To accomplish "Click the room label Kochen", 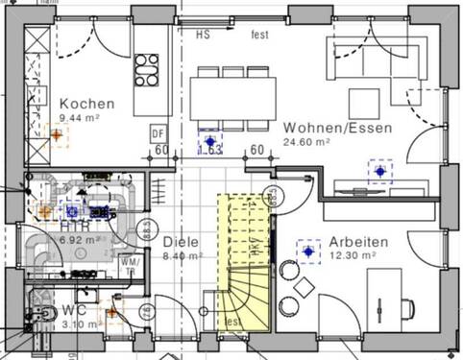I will tap(87, 104).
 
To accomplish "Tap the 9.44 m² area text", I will tap(80, 117).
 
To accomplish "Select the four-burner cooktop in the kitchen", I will tap(146, 69).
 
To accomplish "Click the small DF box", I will tap(158, 133).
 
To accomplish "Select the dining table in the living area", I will tap(231, 96).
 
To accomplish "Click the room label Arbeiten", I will tap(357, 242).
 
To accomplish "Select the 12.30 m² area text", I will tap(352, 256).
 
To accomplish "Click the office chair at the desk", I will tap(405, 307).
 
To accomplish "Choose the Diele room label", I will tap(180, 242).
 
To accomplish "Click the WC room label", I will tap(75, 310).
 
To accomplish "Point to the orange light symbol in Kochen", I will tap(57, 135).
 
